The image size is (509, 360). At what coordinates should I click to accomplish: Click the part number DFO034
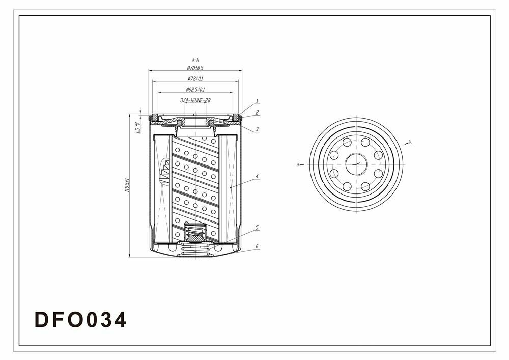click(x=80, y=320)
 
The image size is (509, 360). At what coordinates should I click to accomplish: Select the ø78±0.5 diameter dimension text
click(x=195, y=68)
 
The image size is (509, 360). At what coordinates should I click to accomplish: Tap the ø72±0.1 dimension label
click(x=195, y=78)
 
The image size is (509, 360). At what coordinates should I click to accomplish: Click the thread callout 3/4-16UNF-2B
click(x=195, y=100)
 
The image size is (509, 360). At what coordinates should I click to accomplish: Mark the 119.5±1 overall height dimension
click(x=127, y=185)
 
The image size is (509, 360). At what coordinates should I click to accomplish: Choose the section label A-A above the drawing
click(x=195, y=60)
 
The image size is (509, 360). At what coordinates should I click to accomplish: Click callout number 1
click(x=258, y=101)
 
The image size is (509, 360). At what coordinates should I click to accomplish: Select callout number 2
click(x=258, y=112)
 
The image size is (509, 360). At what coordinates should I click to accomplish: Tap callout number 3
click(x=258, y=129)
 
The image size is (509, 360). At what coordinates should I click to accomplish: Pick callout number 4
click(x=258, y=177)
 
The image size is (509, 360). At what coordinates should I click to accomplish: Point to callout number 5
click(x=258, y=227)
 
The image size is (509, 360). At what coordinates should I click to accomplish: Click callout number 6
click(x=258, y=246)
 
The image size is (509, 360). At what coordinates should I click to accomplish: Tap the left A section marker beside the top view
click(x=298, y=164)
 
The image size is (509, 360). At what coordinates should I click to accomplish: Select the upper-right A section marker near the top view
click(x=410, y=142)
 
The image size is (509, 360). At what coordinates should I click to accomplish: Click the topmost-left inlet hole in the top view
click(x=347, y=142)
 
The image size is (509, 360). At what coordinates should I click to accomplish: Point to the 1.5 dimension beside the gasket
click(x=137, y=128)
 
